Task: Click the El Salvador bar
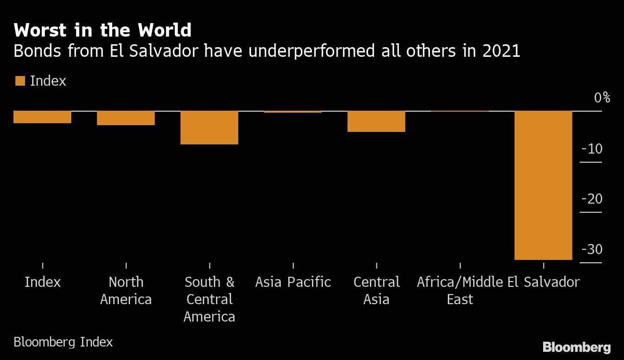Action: point(543,185)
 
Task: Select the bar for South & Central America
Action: point(209,128)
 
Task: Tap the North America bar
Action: point(126,118)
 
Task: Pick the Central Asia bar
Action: point(377,121)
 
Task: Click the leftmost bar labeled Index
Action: point(42,117)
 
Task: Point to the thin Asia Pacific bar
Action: point(293,112)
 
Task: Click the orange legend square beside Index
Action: point(20,81)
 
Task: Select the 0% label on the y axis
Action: point(602,98)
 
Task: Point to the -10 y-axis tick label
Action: point(592,149)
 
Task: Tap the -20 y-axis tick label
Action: point(592,199)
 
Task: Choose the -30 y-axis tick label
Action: point(592,249)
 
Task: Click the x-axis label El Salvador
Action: point(544,282)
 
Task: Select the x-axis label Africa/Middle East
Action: point(460,290)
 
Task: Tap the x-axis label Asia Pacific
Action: point(293,282)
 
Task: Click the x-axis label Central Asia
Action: point(377,290)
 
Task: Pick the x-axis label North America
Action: point(126,290)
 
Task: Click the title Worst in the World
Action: point(103,30)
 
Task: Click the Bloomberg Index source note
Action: point(63,342)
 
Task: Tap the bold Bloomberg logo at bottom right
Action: point(576,347)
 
